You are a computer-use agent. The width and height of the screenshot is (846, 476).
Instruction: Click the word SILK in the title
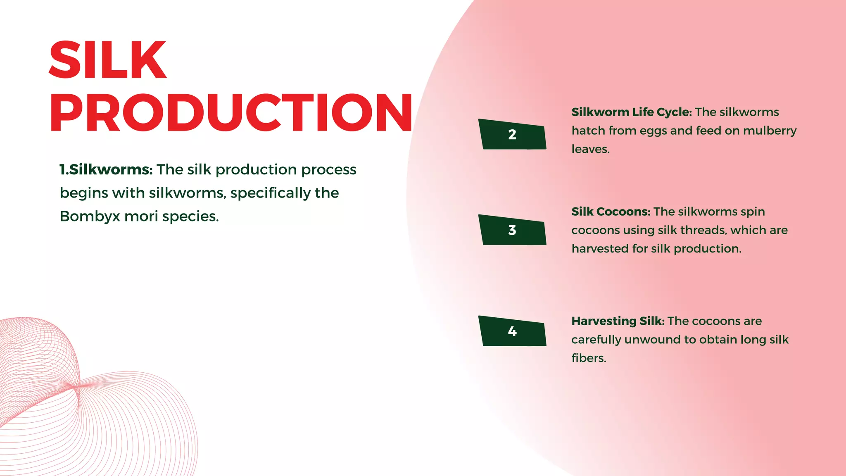coord(107,60)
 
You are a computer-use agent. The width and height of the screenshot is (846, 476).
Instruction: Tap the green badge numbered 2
coord(512,134)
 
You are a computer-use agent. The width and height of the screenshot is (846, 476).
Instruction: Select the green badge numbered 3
coord(512,230)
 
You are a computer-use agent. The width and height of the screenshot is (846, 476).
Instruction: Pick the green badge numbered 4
coord(512,331)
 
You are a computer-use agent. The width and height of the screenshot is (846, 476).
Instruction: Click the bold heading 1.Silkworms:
coord(106,169)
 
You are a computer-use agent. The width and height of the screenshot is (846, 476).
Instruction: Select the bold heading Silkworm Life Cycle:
coord(631,112)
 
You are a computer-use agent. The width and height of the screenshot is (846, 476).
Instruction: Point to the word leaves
coord(590,149)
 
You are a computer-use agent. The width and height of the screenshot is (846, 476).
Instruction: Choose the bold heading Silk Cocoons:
coord(611,212)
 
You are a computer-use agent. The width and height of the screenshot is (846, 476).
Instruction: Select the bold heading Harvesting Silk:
coord(618,321)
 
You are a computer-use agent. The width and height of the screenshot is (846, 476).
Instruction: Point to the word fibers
coord(589,358)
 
